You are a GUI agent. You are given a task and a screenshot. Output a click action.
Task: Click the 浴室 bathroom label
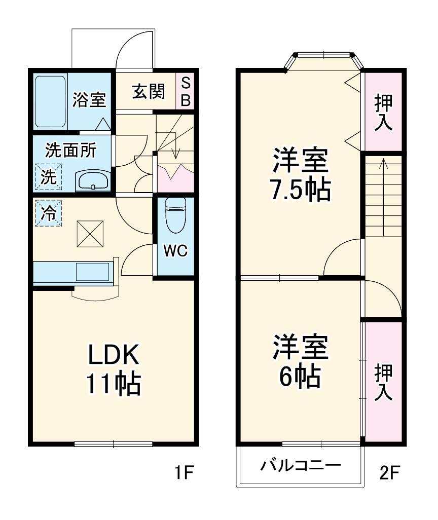click(x=89, y=100)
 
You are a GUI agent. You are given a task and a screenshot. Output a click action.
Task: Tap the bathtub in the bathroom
click(x=50, y=101)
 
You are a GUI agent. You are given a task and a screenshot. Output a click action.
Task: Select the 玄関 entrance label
click(x=148, y=92)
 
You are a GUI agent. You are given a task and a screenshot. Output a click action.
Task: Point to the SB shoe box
click(x=186, y=92)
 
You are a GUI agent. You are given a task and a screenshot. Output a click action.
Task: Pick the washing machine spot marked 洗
click(x=48, y=177)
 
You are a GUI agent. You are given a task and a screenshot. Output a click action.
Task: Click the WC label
click(x=175, y=250)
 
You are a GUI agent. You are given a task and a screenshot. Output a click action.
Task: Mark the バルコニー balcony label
click(x=300, y=465)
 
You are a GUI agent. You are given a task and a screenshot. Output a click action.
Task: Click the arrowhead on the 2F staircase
click(x=383, y=163)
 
